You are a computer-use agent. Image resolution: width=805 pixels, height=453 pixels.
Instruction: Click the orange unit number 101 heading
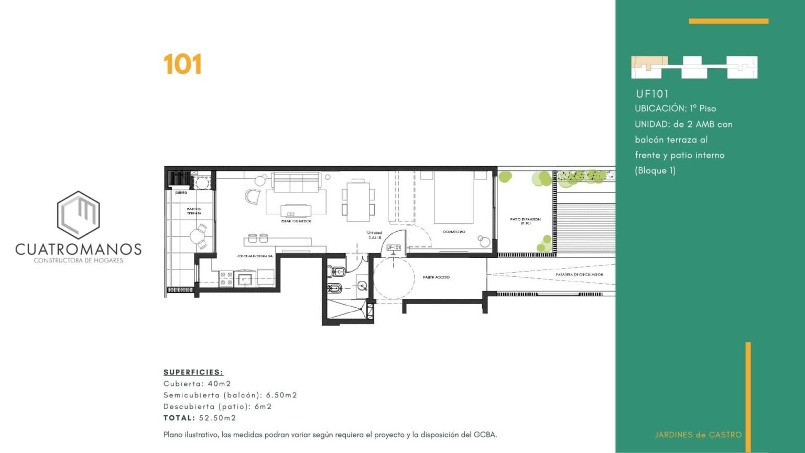click(x=182, y=64)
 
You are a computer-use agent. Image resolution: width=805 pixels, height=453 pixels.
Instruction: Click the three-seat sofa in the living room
click(x=296, y=182)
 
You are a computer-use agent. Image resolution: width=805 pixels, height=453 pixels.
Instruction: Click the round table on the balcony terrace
click(x=197, y=237)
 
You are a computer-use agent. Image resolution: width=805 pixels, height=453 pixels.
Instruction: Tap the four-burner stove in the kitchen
click(x=226, y=279)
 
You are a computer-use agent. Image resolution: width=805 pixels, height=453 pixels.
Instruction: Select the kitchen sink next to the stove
click(x=245, y=279)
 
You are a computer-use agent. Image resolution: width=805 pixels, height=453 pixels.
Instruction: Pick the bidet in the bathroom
click(x=334, y=288)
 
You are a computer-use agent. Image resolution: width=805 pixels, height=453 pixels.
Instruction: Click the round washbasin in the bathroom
click(x=362, y=286)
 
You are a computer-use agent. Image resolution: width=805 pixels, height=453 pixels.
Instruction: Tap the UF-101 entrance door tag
click(x=393, y=247)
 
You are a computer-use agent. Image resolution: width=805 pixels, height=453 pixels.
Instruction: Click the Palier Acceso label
click(x=436, y=277)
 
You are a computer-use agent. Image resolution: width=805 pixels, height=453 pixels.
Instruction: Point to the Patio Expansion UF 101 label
click(x=525, y=221)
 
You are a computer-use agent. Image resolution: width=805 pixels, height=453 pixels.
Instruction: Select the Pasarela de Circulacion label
click(x=579, y=274)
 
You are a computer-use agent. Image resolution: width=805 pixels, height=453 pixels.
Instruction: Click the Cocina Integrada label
click(x=255, y=256)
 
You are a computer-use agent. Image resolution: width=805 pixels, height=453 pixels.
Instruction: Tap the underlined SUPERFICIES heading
click(x=193, y=372)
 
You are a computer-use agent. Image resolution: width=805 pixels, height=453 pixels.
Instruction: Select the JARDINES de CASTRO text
click(x=698, y=435)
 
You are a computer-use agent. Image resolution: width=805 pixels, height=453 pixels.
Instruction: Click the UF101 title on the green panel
click(x=652, y=94)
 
